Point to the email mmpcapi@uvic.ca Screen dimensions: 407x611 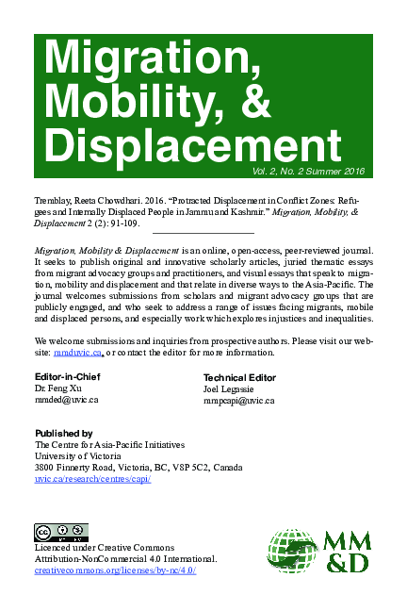[238, 400]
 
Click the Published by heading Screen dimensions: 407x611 [62, 433]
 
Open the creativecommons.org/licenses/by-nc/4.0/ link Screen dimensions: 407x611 [114, 570]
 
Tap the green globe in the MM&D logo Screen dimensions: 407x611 [292, 553]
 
